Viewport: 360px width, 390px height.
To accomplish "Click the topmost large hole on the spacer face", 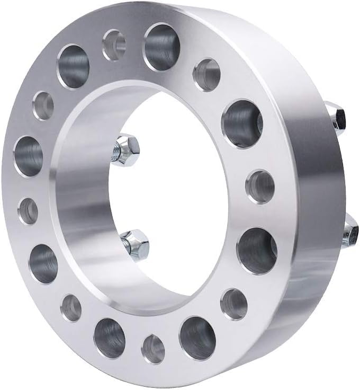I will pyautogui.click(x=162, y=47).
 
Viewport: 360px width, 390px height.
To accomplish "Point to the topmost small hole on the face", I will pyautogui.click(x=113, y=45).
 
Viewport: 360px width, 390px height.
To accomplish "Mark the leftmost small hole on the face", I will pyautogui.click(x=28, y=211).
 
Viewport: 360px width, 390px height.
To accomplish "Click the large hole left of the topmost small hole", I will pyautogui.click(x=73, y=66).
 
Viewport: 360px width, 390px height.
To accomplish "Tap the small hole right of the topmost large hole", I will pyautogui.click(x=206, y=75).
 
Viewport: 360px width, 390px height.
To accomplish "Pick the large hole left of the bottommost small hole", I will pyautogui.click(x=109, y=338).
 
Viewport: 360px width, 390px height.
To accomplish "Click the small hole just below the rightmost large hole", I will pyautogui.click(x=233, y=304).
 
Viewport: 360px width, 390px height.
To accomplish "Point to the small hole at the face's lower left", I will pyautogui.click(x=71, y=308).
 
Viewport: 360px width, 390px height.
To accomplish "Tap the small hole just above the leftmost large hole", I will pyautogui.click(x=43, y=105).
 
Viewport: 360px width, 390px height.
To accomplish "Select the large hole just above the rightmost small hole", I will pyautogui.click(x=242, y=123).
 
